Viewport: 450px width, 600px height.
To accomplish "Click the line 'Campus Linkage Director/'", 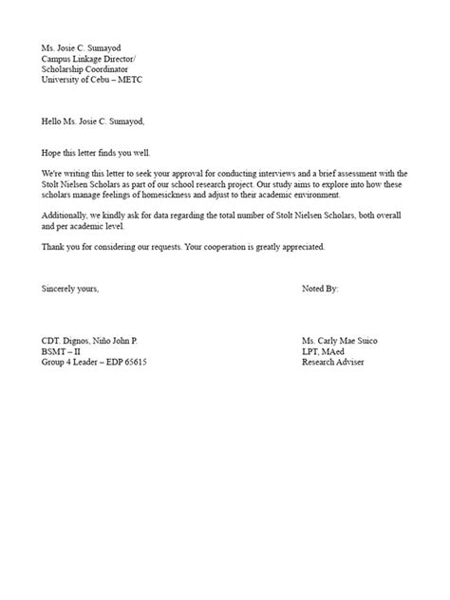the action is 88,59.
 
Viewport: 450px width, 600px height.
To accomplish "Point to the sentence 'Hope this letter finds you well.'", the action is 95,153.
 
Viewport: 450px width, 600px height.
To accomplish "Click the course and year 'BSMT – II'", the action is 63,351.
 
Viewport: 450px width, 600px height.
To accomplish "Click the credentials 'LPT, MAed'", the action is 323,351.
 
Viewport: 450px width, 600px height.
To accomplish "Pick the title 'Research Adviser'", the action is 331,362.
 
